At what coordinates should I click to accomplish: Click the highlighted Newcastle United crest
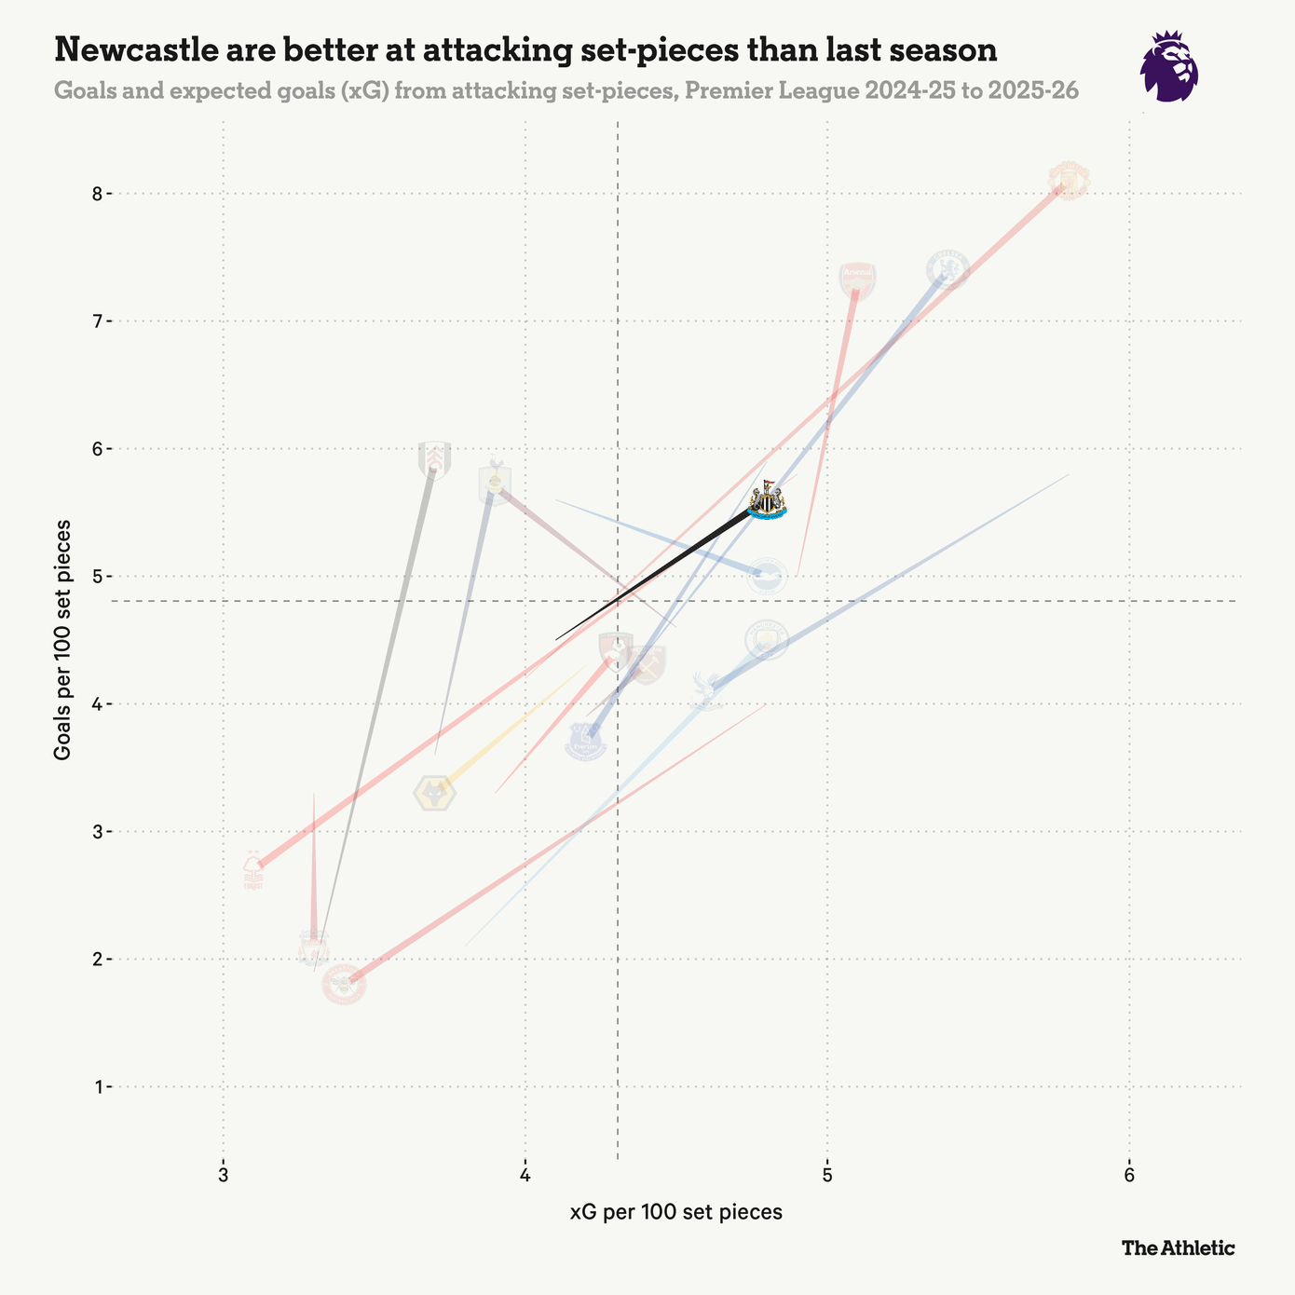[767, 501]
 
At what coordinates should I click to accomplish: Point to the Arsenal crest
[857, 280]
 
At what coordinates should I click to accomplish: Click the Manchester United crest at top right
[1069, 179]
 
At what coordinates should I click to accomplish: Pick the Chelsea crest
[948, 269]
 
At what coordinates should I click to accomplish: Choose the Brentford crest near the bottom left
[344, 984]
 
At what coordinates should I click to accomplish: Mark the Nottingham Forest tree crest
[252, 870]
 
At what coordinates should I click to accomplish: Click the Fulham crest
[434, 458]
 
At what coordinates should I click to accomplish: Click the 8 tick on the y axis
[96, 194]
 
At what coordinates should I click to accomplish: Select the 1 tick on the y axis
[96, 1086]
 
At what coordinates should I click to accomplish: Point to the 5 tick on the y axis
[96, 577]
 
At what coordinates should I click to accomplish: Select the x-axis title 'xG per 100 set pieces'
[675, 1212]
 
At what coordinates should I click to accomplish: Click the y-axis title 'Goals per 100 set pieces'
[62, 640]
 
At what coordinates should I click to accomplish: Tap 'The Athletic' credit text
[1178, 1247]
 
